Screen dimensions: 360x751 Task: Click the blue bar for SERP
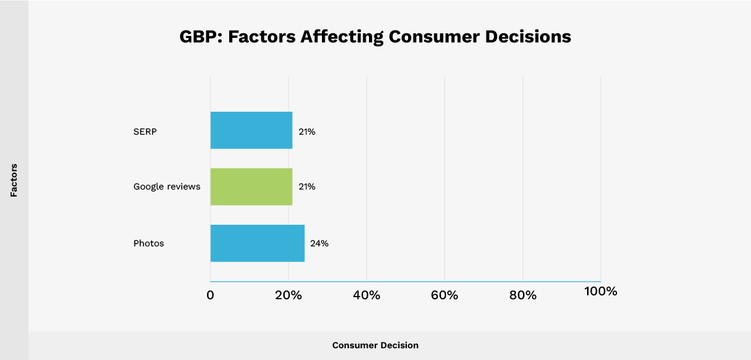[x=251, y=131]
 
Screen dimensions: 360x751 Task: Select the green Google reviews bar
[x=251, y=187]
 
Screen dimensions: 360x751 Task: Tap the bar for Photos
[x=257, y=243]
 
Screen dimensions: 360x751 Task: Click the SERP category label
[x=145, y=131]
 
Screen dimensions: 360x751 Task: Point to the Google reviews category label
[x=167, y=187]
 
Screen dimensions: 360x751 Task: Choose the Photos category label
[x=148, y=243]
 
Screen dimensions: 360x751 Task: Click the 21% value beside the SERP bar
[x=307, y=131]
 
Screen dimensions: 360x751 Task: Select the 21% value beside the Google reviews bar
[x=307, y=187]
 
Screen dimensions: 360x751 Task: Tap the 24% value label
[x=319, y=243]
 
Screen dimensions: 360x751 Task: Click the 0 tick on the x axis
[x=210, y=295]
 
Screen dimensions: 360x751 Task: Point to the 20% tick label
[x=288, y=295]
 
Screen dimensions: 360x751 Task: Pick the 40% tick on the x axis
[x=366, y=295]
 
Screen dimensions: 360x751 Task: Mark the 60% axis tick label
[x=444, y=295]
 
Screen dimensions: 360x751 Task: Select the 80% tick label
[x=522, y=295]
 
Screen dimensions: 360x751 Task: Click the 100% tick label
[x=600, y=291]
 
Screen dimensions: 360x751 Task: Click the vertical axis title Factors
[x=14, y=180]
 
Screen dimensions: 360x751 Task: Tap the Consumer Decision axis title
[x=375, y=345]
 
